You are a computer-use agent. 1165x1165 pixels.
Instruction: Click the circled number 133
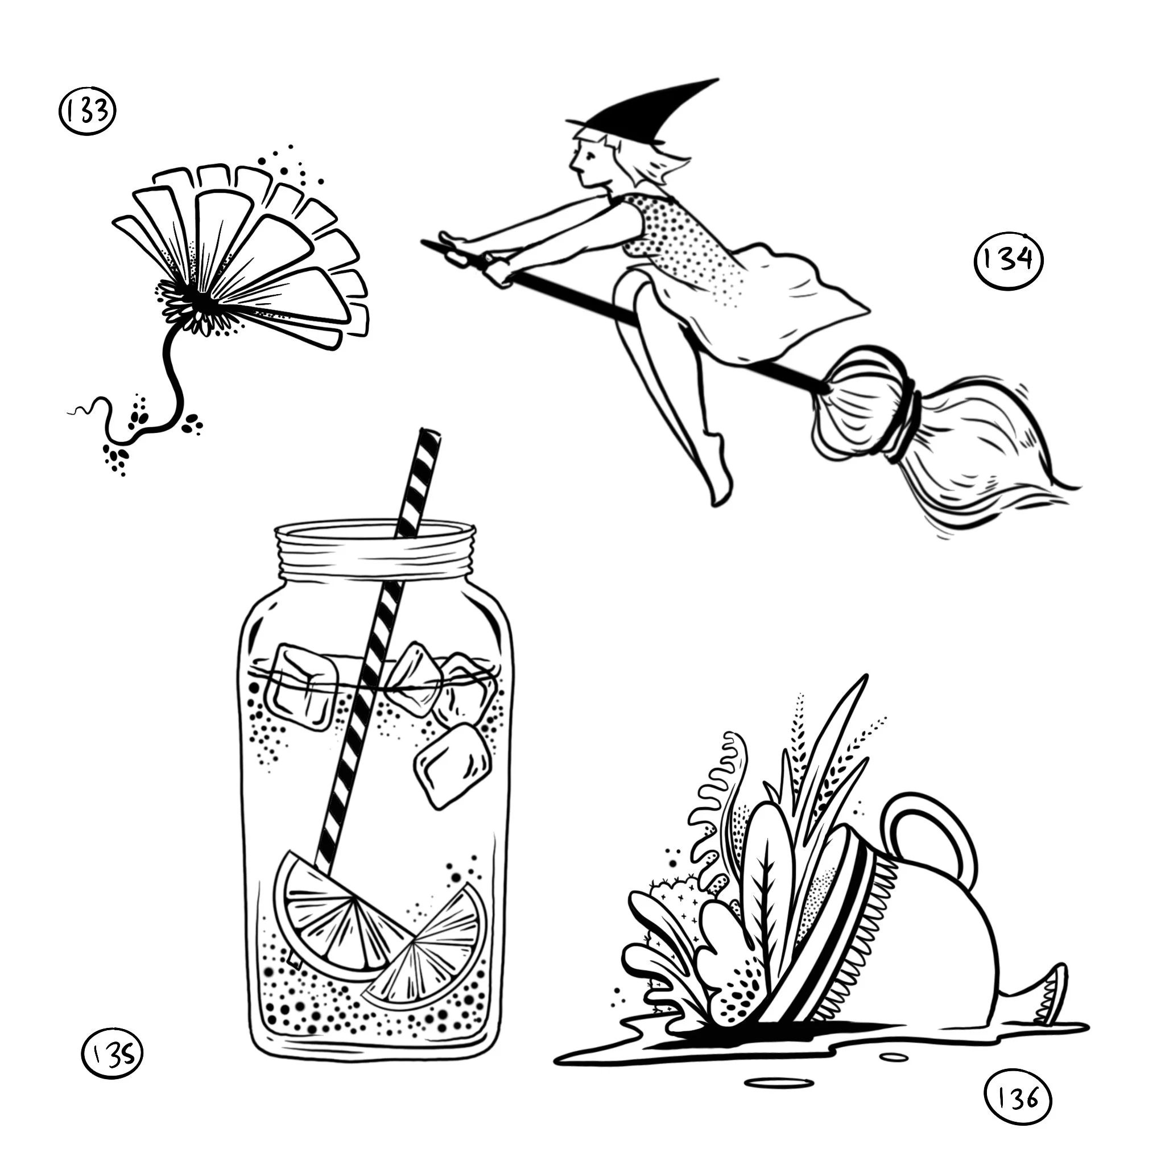88,111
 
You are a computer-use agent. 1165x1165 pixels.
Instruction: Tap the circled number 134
1008,261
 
